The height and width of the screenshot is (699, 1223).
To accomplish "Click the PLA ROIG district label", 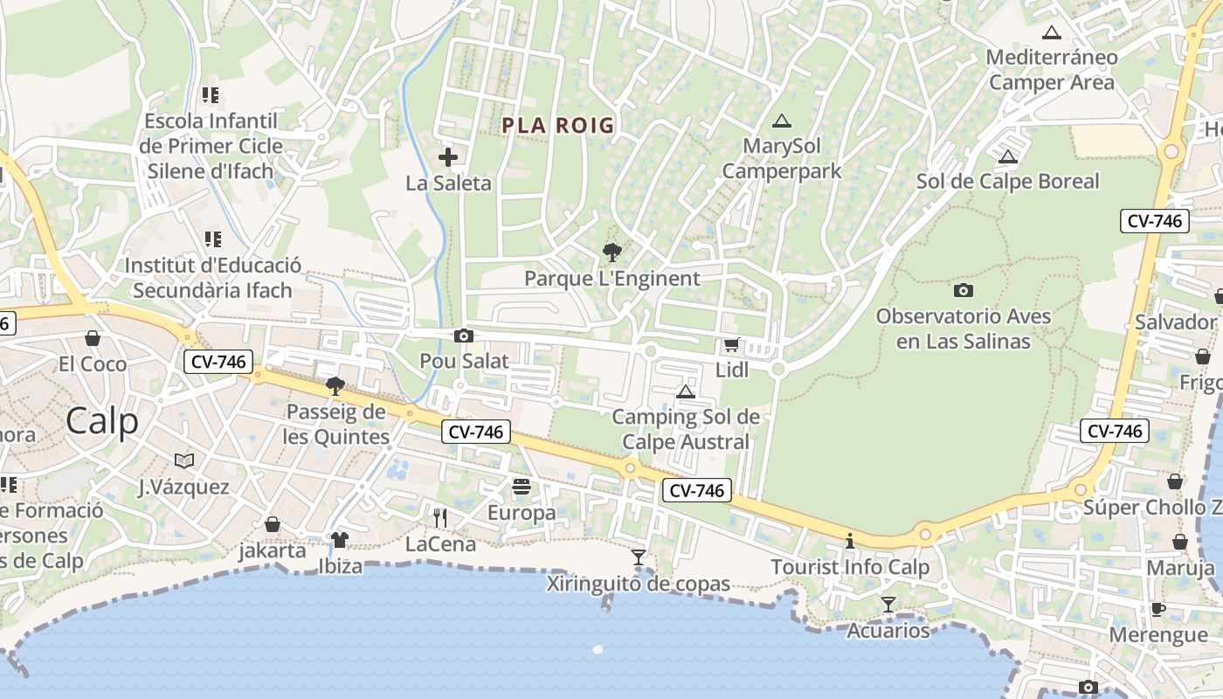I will (x=558, y=126).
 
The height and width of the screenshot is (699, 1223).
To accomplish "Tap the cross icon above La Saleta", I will (x=448, y=157).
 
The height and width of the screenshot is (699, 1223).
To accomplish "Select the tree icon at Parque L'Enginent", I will (x=612, y=253).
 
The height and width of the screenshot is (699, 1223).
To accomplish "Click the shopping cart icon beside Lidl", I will (x=731, y=345).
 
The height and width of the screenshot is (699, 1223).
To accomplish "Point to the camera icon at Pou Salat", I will (x=464, y=336).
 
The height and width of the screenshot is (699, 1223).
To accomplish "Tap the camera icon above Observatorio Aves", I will (x=964, y=290).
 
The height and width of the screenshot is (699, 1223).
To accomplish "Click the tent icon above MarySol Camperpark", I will (x=781, y=121).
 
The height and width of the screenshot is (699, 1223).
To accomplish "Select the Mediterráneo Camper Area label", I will (x=1052, y=71).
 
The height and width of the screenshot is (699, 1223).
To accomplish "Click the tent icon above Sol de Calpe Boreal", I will (x=1008, y=157).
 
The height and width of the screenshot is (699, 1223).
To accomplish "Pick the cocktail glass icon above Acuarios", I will (x=888, y=604).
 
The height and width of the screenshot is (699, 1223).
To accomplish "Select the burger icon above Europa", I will (x=522, y=487).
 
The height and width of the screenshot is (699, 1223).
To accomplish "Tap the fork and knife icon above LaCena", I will (x=440, y=518).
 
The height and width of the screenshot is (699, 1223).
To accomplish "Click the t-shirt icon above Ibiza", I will (x=340, y=540).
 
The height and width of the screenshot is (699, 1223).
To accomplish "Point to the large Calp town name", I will (x=102, y=421).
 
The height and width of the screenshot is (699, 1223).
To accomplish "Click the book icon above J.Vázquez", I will (x=184, y=460).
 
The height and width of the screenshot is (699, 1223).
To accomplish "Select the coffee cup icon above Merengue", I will (x=1158, y=609).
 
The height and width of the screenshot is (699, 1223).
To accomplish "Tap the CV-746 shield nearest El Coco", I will (x=218, y=361).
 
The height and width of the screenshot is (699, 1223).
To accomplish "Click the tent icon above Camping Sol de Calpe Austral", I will (x=686, y=391).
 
